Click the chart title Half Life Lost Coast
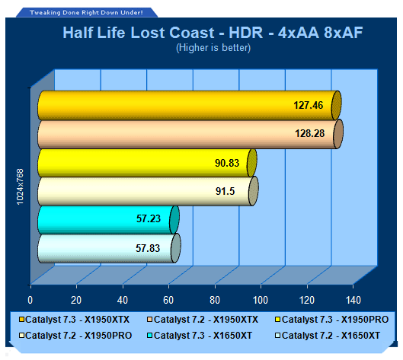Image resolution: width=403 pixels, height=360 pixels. [x=139, y=33]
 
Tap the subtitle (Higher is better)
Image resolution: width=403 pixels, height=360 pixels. [x=213, y=48]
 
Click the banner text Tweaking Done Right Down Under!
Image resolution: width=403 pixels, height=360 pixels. [x=86, y=13]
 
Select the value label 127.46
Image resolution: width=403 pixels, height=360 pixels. [x=309, y=105]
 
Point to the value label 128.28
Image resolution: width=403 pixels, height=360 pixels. [x=310, y=133]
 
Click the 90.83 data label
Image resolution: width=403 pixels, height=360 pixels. [x=227, y=163]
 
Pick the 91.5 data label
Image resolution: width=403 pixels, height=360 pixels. [x=225, y=191]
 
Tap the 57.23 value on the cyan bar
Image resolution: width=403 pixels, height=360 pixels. [x=149, y=218]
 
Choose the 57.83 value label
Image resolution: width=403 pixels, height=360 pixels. [x=148, y=248]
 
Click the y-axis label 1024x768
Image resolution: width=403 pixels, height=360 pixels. [x=20, y=186]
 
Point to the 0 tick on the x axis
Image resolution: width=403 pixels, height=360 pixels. [x=30, y=300]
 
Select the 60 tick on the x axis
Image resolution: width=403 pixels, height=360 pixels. [x=168, y=300]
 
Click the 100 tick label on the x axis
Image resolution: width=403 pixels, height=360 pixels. [x=261, y=300]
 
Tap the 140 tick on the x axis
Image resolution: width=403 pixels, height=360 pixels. [x=353, y=300]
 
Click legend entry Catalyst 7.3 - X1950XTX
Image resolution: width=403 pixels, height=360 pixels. [x=75, y=320]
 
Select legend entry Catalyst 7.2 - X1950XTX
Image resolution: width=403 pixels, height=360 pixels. [x=203, y=320]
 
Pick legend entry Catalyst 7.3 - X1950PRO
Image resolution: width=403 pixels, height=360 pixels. [x=332, y=320]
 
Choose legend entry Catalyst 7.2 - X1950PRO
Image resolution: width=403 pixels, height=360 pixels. [x=75, y=336]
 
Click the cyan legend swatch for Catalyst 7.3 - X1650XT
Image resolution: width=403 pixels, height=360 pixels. [x=150, y=336]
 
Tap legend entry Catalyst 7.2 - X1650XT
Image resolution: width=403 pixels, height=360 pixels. [x=328, y=336]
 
